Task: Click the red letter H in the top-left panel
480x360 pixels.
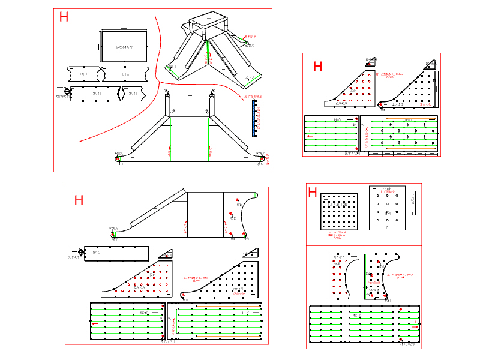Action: pyautogui.click(x=64, y=17)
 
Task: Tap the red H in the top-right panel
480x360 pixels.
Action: pyautogui.click(x=317, y=67)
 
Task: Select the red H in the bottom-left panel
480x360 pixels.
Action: pyautogui.click(x=79, y=200)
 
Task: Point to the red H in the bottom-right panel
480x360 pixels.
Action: pyautogui.click(x=312, y=192)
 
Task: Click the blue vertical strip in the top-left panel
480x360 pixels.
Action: pyautogui.click(x=255, y=118)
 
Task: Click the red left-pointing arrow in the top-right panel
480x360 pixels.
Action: pyautogui.click(x=310, y=136)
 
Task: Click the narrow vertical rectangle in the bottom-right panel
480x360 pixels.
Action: pyautogui.click(x=412, y=203)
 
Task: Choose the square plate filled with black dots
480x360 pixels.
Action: pyautogui.click(x=339, y=212)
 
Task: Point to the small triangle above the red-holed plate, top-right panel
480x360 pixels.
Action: pyautogui.click(x=371, y=61)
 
